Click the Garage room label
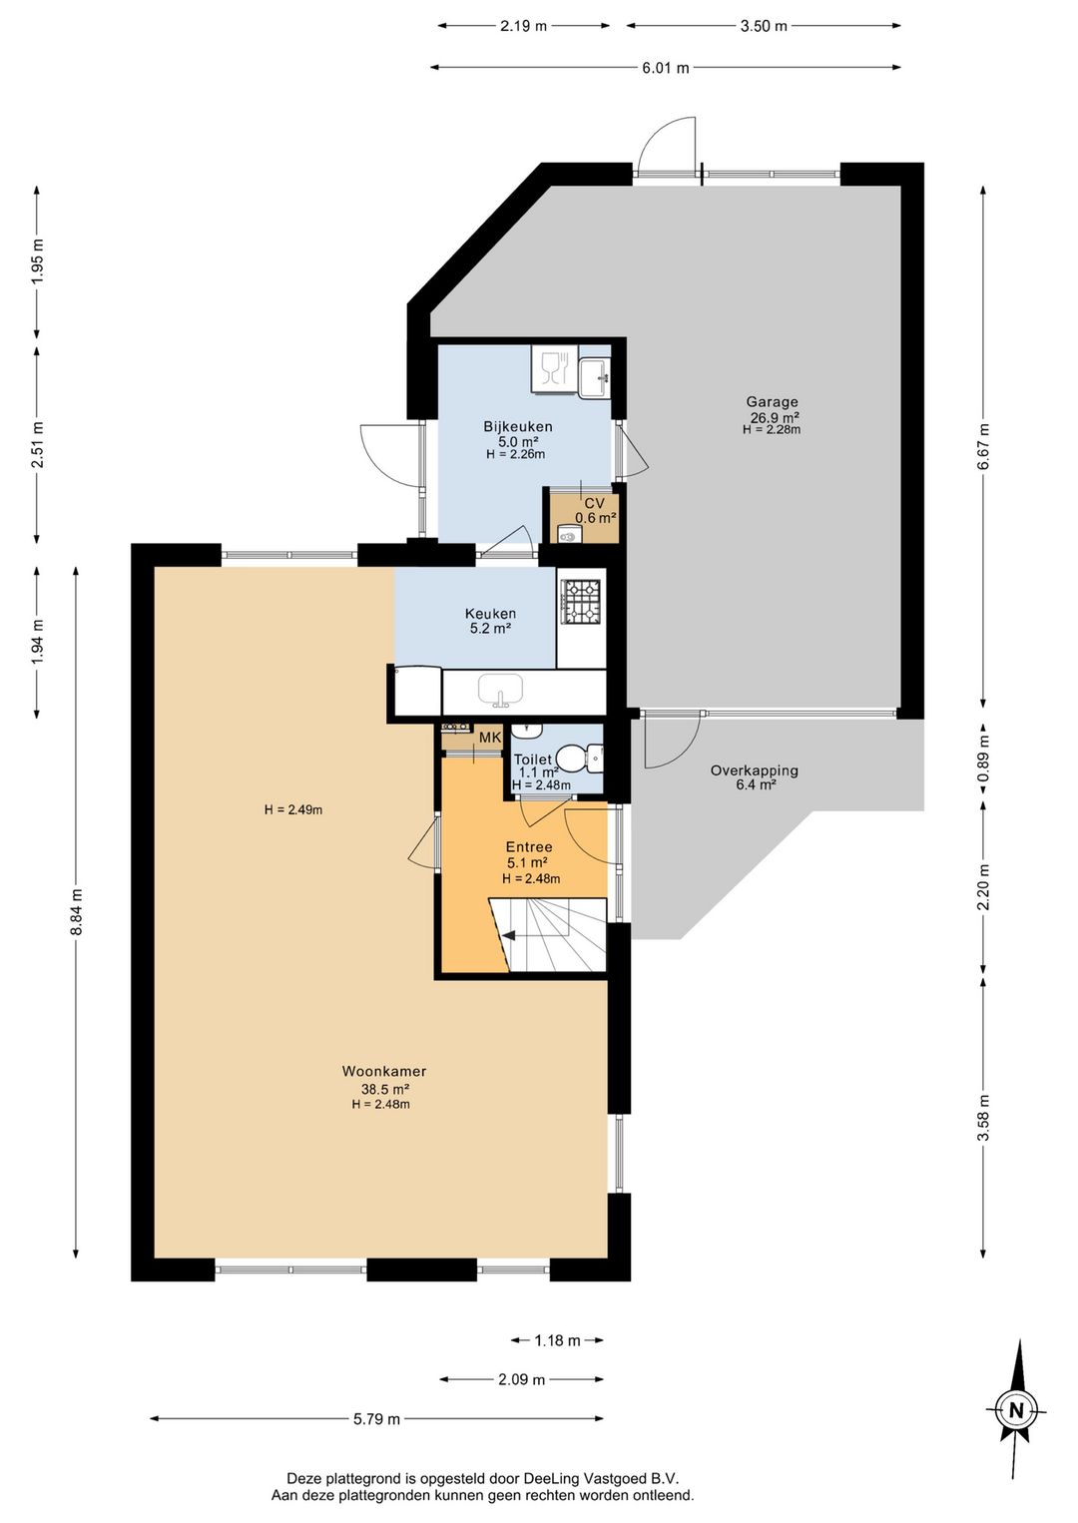[772, 402]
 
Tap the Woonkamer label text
[383, 1071]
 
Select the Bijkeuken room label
[518, 427]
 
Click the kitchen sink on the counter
[501, 691]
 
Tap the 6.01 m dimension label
[665, 67]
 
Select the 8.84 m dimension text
[77, 912]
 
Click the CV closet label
[595, 504]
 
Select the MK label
[490, 737]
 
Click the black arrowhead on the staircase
[508, 936]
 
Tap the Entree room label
[528, 847]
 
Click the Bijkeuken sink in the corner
[594, 377]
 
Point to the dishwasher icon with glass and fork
[554, 369]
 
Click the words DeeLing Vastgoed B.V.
[601, 1477]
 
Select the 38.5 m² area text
[383, 1088]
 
